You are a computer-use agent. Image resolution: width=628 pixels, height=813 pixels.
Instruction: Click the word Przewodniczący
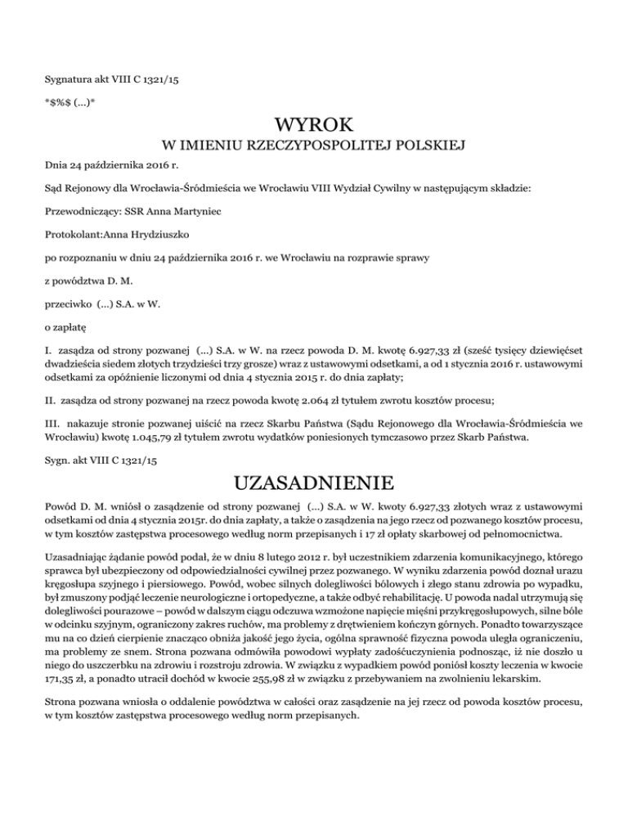tap(80, 211)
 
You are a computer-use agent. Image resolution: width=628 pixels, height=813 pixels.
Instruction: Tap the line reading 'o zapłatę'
tap(65, 326)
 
